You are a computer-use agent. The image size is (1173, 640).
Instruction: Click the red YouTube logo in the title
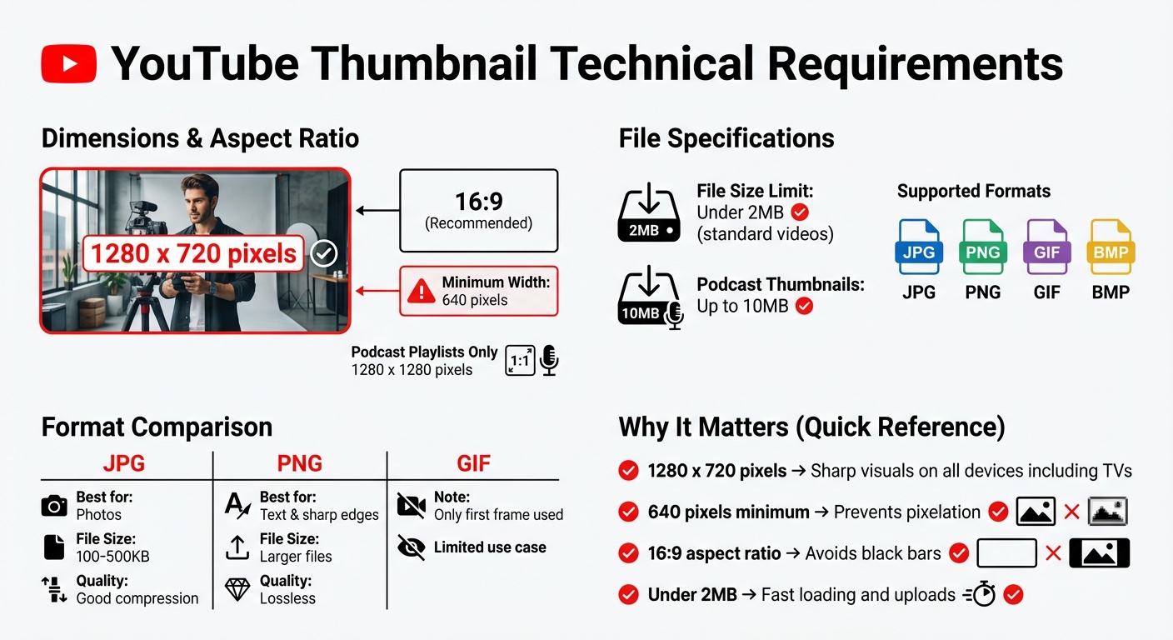coord(68,63)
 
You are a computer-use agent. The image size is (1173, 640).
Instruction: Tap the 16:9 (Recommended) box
coord(478,210)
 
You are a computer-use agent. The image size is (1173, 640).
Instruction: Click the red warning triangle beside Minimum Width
coord(422,291)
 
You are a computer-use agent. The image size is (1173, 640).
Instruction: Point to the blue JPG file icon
coord(919,247)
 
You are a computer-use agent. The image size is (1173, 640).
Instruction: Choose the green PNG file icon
coord(983,247)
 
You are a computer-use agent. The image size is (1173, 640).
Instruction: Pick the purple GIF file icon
coord(1047,247)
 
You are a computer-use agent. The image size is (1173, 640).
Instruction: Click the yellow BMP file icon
coord(1111,247)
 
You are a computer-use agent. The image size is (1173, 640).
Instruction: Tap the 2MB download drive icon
coord(648,213)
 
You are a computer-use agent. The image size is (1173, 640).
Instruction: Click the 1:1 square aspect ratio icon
coord(520,361)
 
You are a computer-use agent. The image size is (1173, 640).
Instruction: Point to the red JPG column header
coord(124,463)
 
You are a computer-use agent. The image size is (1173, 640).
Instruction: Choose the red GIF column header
coord(473,463)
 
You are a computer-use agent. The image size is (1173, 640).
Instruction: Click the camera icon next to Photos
coord(54,505)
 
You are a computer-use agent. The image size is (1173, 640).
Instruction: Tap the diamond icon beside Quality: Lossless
coord(237,590)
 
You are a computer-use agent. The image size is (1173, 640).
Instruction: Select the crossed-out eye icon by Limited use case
coord(411,547)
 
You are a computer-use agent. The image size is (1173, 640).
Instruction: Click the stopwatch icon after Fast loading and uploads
coord(983,595)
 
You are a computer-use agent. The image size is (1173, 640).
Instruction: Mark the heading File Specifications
coord(726,138)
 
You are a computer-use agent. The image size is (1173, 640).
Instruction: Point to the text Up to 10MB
coord(742,306)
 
